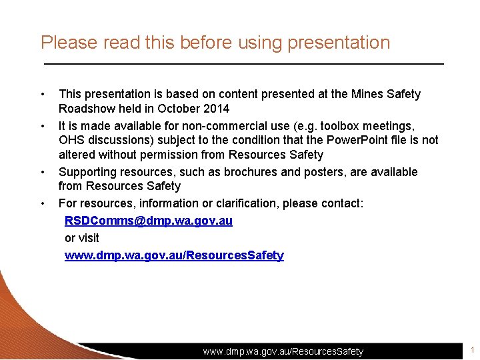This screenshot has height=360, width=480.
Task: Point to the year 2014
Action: (x=215, y=109)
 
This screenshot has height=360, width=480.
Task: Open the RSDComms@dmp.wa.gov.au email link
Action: (x=148, y=221)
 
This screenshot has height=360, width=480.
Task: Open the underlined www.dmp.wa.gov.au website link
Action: (x=173, y=255)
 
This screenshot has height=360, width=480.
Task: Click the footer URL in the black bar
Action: (x=283, y=351)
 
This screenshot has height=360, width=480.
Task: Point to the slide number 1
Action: (x=472, y=350)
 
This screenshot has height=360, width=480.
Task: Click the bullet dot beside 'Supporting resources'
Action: (x=43, y=172)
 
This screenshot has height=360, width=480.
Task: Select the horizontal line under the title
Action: (x=243, y=63)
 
